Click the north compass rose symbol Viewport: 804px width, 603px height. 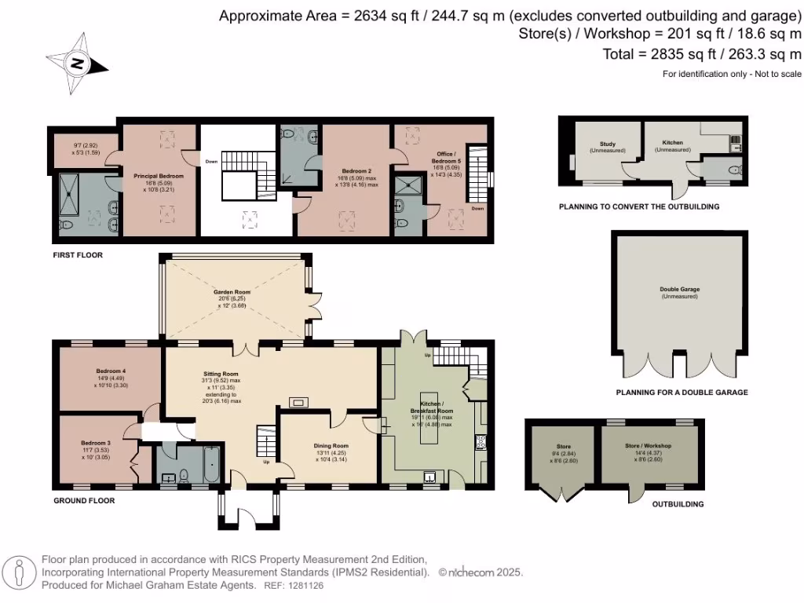click(x=77, y=63)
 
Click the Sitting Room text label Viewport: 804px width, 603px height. click(x=221, y=374)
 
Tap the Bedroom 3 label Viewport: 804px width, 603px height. click(x=96, y=443)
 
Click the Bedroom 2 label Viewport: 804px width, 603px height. click(x=356, y=170)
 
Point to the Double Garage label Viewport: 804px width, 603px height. click(x=679, y=289)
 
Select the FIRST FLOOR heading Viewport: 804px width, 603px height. click(x=78, y=255)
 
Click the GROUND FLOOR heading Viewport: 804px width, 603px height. click(x=84, y=500)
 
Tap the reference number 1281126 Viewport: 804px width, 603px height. click(x=307, y=585)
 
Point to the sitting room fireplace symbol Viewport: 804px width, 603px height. click(x=299, y=403)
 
